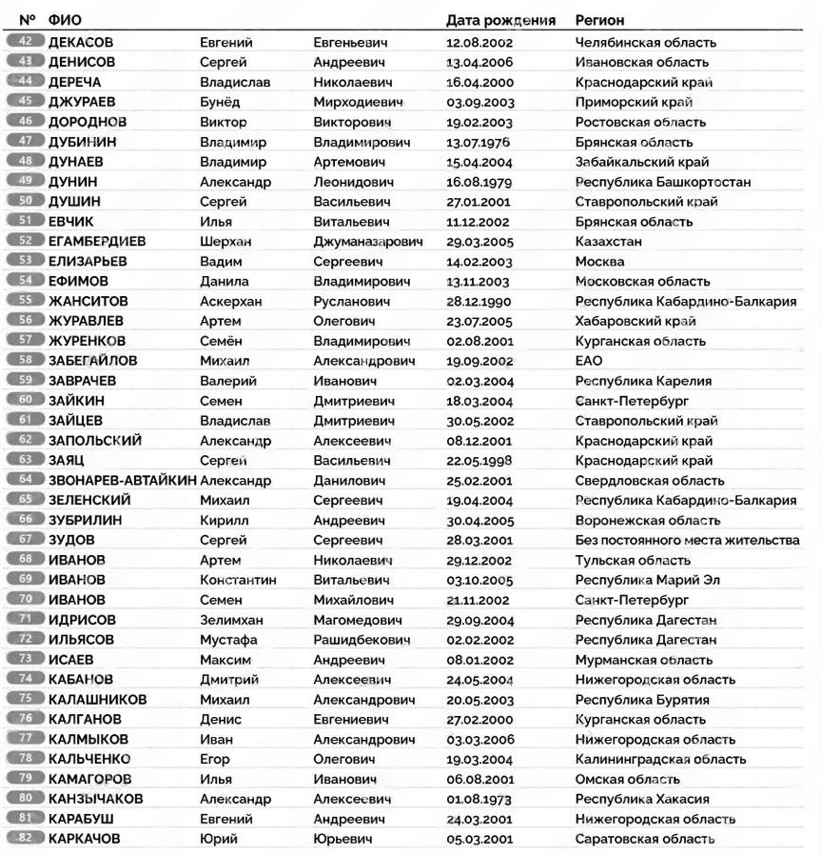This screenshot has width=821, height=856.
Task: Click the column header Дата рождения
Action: (499, 20)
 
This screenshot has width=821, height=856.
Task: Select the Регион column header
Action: (599, 20)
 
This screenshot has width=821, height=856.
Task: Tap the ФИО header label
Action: (64, 20)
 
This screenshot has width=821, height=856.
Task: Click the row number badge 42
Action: (26, 42)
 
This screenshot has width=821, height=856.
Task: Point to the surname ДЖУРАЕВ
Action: (87, 102)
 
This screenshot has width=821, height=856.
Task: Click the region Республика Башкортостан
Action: (662, 182)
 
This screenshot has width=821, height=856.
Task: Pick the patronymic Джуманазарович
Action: (367, 242)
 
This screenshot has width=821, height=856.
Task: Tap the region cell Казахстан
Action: (608, 242)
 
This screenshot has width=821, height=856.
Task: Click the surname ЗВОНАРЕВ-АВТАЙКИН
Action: (122, 481)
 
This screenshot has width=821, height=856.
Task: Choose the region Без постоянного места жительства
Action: (687, 540)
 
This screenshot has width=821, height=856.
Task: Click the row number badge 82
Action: (26, 839)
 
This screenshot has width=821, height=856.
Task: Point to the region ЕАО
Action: (589, 361)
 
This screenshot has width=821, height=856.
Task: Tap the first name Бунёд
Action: (219, 102)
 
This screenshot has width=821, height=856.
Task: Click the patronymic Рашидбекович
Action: (361, 640)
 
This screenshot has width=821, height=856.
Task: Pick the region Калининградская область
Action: (660, 759)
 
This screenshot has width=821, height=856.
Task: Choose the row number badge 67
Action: (26, 540)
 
